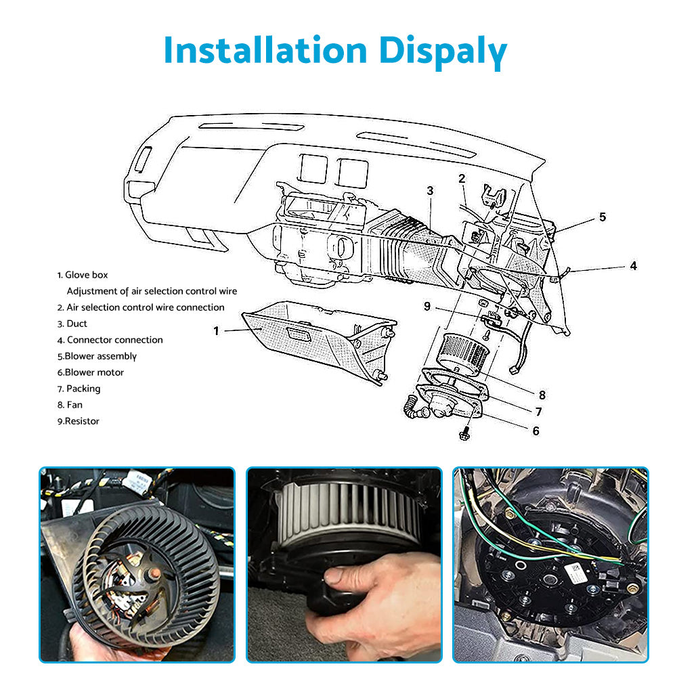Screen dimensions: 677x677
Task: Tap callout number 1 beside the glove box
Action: pyautogui.click(x=217, y=331)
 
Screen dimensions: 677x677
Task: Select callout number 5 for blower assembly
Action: pyautogui.click(x=602, y=217)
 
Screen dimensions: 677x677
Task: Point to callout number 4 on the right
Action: pyautogui.click(x=633, y=266)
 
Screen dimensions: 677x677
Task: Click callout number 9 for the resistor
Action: pyautogui.click(x=427, y=306)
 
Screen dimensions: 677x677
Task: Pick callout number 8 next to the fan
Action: pyautogui.click(x=542, y=395)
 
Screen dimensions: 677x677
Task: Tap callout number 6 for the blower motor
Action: pyautogui.click(x=536, y=431)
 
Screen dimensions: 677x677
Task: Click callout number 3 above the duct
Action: pyautogui.click(x=430, y=191)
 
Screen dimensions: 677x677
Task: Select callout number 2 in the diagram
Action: pyautogui.click(x=462, y=179)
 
